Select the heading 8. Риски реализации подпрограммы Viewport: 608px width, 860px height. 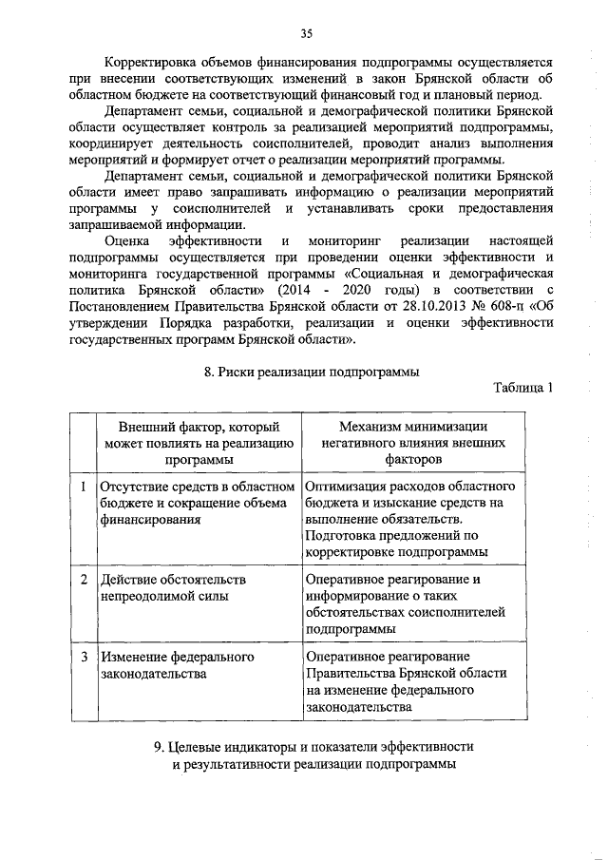pyautogui.click(x=312, y=372)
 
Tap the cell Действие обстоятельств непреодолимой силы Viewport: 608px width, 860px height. pyautogui.click(x=173, y=587)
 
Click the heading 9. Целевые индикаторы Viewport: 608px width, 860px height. pyautogui.click(x=313, y=747)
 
